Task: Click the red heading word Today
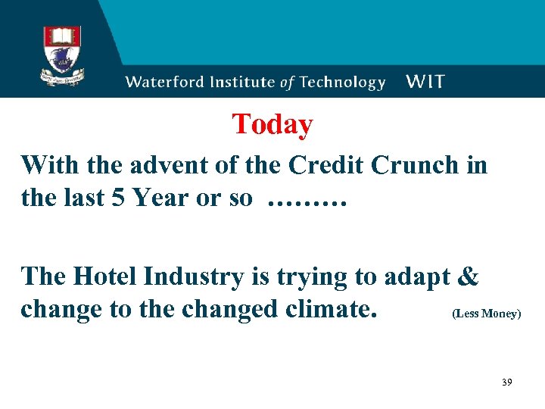click(272, 124)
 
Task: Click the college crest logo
click(63, 55)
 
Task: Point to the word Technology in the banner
click(341, 83)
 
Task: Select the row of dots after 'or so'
click(307, 201)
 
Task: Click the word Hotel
click(106, 276)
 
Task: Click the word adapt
click(419, 277)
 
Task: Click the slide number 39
click(506, 382)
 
